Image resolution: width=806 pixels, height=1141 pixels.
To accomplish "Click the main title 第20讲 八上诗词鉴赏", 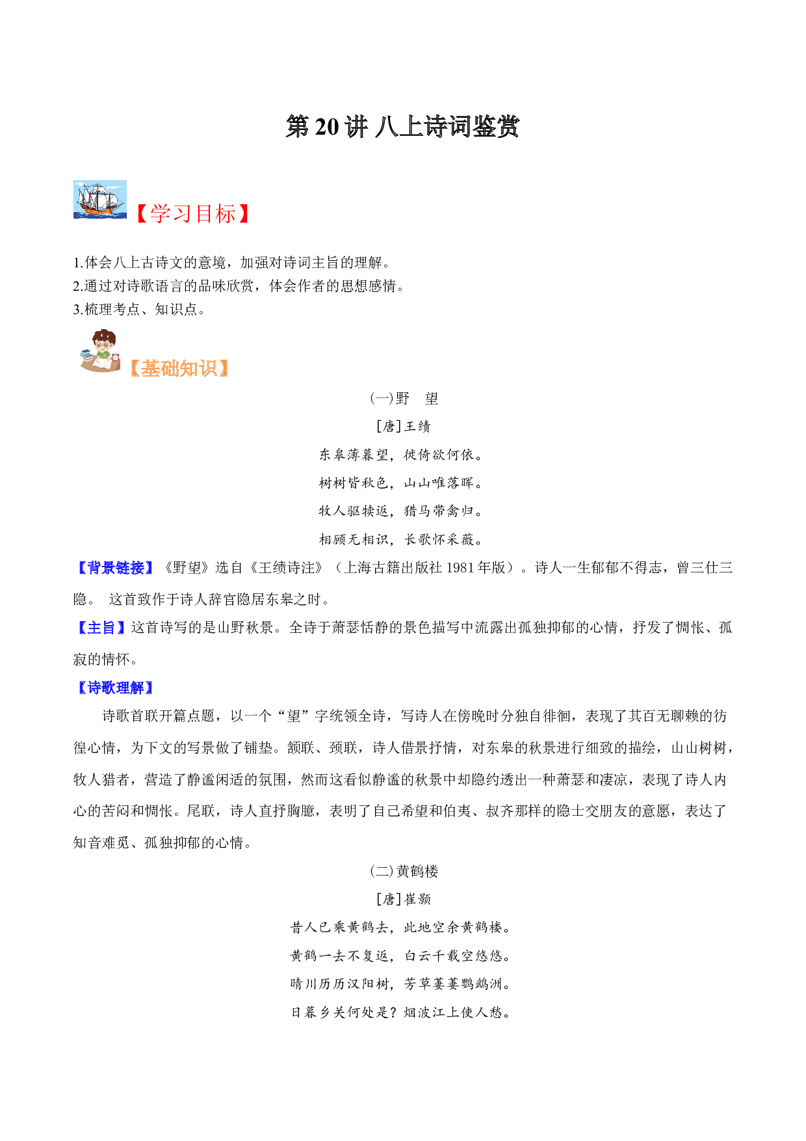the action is point(402,127).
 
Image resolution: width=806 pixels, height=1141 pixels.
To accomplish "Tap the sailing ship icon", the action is point(100,200).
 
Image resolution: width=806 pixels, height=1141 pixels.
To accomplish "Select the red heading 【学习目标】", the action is point(192,213).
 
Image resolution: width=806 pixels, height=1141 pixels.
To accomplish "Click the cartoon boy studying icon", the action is point(100,351).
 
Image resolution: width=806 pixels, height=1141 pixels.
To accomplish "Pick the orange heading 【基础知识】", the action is point(179,368).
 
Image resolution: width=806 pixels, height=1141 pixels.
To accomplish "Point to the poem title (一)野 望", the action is point(404,398).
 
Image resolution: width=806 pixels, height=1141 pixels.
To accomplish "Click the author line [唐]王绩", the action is point(403,426).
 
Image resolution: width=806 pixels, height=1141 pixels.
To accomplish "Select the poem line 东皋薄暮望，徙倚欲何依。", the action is point(402,455).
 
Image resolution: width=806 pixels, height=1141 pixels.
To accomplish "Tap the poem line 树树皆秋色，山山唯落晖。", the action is point(402,483).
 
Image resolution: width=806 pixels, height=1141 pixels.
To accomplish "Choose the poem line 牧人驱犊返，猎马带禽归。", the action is point(402,511).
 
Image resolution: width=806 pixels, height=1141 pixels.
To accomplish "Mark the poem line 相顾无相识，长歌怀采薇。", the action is point(402,539).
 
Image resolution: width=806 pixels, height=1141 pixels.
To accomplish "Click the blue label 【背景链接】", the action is point(115,568).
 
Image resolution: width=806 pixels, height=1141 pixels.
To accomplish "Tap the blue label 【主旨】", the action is point(101,628).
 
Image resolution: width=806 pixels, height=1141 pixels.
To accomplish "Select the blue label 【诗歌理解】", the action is point(115,688).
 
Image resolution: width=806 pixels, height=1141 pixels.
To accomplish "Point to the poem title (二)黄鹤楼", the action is point(404,871).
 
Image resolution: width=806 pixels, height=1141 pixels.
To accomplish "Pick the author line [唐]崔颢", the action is point(403,899).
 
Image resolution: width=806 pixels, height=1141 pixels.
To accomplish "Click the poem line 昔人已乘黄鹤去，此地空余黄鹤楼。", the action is point(402,928).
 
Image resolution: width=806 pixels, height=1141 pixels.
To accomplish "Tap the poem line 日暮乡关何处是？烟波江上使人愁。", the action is point(402,1012).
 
